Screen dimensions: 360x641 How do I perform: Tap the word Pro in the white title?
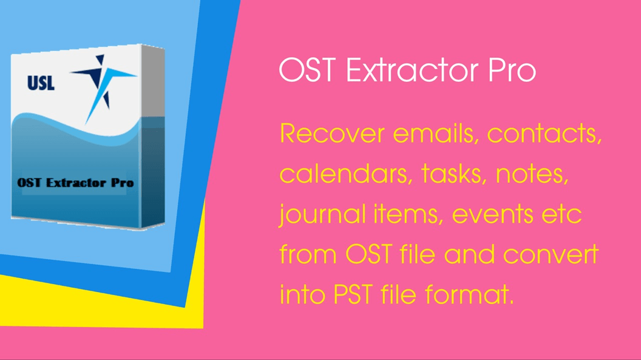[512, 72]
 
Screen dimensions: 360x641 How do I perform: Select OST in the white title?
[309, 72]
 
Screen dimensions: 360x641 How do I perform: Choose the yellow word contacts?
[544, 134]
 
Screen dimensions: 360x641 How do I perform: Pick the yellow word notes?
[533, 175]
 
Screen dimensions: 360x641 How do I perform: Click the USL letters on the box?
[41, 83]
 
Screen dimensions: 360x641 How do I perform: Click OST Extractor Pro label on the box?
[76, 182]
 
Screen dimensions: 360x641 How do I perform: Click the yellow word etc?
[565, 216]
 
